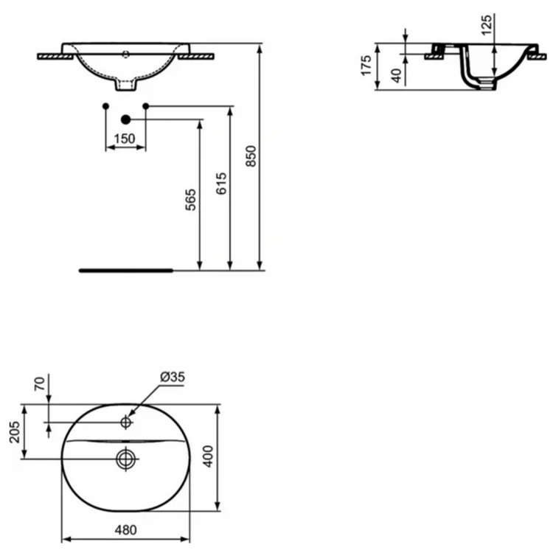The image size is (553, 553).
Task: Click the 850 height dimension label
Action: click(251, 157)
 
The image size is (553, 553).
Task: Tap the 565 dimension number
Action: click(190, 201)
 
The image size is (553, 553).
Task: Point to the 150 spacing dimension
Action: click(125, 138)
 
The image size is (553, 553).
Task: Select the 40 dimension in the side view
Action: click(396, 74)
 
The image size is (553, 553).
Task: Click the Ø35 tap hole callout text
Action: click(171, 378)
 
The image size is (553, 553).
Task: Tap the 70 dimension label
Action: click(39, 384)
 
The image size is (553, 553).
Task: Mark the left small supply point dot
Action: click(106, 107)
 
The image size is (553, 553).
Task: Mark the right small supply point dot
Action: click(145, 107)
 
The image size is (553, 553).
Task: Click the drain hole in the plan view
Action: click(125, 458)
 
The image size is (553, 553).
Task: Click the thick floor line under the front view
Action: click(125, 271)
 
